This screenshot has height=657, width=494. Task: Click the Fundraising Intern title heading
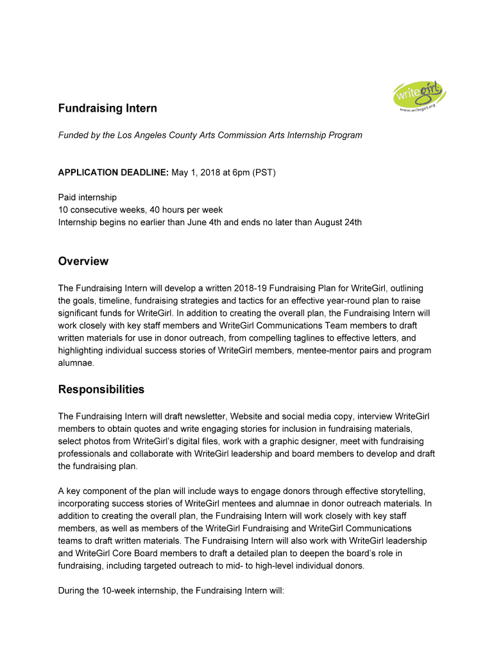click(x=107, y=108)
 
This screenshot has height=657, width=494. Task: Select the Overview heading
click(x=83, y=261)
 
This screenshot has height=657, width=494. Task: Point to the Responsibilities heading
click(x=101, y=389)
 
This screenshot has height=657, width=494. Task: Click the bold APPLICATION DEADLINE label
click(x=114, y=173)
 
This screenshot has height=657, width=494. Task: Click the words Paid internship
click(x=87, y=198)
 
